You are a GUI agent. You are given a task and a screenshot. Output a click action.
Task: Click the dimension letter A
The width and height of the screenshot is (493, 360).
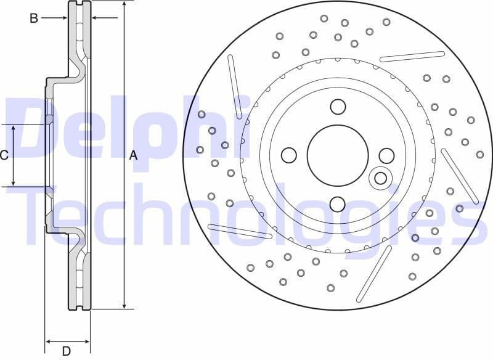click(133, 157)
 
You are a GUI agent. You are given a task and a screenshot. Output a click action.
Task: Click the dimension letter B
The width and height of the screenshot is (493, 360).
click(34, 18)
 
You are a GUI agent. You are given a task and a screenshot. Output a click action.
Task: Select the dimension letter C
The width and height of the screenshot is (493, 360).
click(4, 155)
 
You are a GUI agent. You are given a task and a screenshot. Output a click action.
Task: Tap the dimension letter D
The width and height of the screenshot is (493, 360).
click(66, 351)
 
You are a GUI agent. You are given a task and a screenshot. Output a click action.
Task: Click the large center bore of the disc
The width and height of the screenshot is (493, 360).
click(337, 155)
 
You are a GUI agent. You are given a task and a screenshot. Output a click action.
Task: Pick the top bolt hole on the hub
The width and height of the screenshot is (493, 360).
click(338, 107)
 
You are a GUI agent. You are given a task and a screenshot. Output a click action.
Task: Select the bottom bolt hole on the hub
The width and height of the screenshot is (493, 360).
click(337, 204)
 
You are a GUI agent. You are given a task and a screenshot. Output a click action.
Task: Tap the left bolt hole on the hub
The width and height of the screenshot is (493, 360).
click(288, 155)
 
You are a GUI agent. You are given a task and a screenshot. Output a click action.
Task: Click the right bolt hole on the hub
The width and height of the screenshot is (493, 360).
click(386, 155)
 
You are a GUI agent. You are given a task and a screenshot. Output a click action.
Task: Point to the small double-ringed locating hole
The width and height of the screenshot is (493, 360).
click(380, 178)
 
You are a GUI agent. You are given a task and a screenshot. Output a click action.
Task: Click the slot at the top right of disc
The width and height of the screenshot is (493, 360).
click(412, 57)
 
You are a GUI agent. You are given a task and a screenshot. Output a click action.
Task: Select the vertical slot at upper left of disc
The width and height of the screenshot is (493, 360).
click(235, 86)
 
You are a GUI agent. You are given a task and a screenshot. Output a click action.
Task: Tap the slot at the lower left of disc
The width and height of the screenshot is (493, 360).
click(240, 231)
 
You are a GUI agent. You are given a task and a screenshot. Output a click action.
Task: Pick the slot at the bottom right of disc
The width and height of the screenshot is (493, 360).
click(374, 273)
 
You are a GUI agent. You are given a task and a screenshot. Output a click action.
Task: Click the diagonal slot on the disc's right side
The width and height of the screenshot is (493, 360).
click(460, 176)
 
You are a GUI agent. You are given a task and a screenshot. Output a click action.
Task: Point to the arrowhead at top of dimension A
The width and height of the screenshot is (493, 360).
click(125, 5)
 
